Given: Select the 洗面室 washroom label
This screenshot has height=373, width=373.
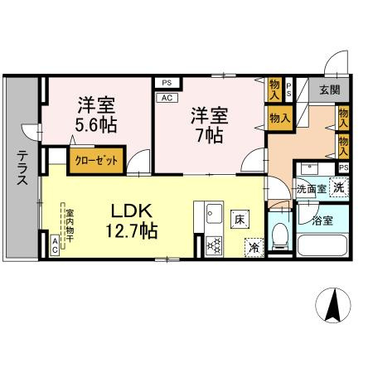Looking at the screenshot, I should coord(312,189).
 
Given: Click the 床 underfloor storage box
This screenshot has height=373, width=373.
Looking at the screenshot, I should coord(238,219).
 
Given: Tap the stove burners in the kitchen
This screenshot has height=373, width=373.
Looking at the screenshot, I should coord(211,245).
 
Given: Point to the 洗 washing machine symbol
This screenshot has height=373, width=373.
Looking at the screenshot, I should coord(339,187).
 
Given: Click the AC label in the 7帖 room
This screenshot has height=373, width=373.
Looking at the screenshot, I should coord(165,96).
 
